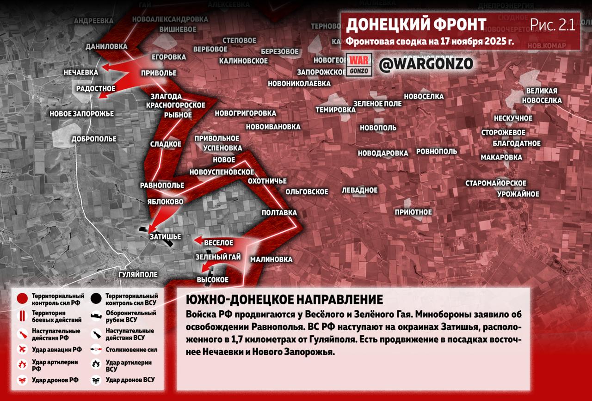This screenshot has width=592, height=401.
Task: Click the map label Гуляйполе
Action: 138,275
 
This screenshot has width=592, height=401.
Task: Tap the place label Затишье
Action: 165,237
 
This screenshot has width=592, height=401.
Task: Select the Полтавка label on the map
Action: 279,213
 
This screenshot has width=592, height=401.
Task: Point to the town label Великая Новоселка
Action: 542,96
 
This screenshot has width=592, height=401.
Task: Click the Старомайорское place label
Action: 496,183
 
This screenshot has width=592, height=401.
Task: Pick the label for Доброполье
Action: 94,139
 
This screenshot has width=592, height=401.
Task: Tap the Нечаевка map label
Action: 81,73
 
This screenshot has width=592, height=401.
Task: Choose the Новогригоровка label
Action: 245,113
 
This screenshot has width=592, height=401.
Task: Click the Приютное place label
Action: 413,212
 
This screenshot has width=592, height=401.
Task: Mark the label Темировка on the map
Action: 335,110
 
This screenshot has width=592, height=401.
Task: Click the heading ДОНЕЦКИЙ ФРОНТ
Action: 416,25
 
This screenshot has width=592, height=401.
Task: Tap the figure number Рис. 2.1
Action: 552,25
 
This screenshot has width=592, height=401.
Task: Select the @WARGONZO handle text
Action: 426,65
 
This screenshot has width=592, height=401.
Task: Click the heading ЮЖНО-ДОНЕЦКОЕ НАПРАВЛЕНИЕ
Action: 284,299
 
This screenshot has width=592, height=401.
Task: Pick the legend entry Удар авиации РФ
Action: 56,349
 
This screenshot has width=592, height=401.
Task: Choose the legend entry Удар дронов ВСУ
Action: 130,380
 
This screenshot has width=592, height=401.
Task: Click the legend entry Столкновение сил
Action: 131,350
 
